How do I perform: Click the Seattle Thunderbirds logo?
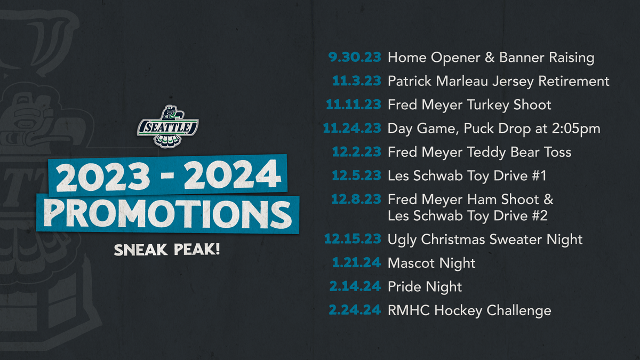click(x=167, y=126)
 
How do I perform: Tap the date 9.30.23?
click(x=355, y=57)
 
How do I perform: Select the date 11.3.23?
click(x=357, y=81)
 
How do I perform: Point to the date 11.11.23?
click(x=354, y=105)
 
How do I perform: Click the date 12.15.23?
click(x=353, y=239)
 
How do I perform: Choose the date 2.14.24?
click(x=355, y=286)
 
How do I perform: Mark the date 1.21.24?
click(x=357, y=262)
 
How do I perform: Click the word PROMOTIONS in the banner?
click(x=167, y=214)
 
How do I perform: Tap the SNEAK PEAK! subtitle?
click(x=167, y=250)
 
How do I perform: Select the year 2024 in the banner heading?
click(x=232, y=174)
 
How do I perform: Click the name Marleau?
click(x=462, y=81)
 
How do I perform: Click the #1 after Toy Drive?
click(x=539, y=175)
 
